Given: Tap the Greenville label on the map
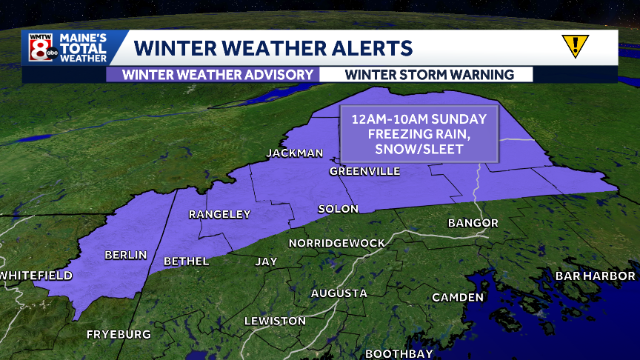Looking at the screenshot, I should (x=364, y=171).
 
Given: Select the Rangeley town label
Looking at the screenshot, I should (x=220, y=214).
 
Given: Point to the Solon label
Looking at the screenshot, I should (x=339, y=209).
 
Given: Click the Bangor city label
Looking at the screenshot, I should (x=473, y=223).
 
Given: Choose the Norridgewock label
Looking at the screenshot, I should (x=337, y=243).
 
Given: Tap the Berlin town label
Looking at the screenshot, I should (x=126, y=255).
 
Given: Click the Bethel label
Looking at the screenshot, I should (x=187, y=261).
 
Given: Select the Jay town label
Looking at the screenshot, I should (x=266, y=261).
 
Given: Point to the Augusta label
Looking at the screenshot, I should (x=339, y=293).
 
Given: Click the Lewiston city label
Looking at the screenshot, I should (x=275, y=321).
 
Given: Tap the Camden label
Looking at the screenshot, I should (x=459, y=297).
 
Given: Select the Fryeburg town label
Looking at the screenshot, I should (x=119, y=334).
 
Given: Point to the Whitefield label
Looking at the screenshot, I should (x=36, y=276).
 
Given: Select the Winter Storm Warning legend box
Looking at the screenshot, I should (x=429, y=74).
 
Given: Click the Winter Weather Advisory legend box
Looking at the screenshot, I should (x=213, y=74).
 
